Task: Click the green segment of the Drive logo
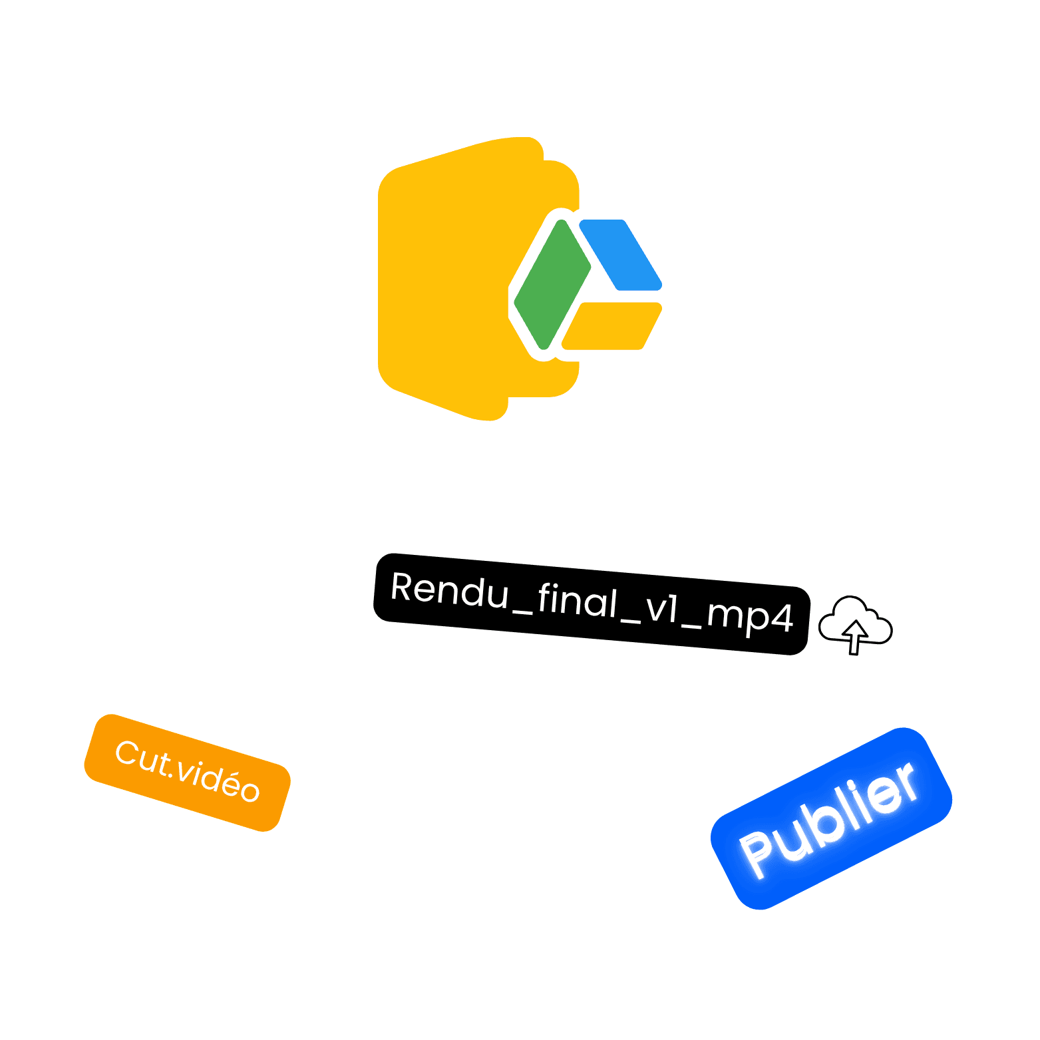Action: tap(552, 284)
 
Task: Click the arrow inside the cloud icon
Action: tap(854, 635)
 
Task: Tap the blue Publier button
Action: tap(831, 818)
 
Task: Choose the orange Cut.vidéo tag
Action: tap(187, 773)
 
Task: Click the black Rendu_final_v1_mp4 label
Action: tap(592, 604)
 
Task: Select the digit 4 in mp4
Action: tap(781, 617)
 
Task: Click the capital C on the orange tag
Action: tap(127, 754)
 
